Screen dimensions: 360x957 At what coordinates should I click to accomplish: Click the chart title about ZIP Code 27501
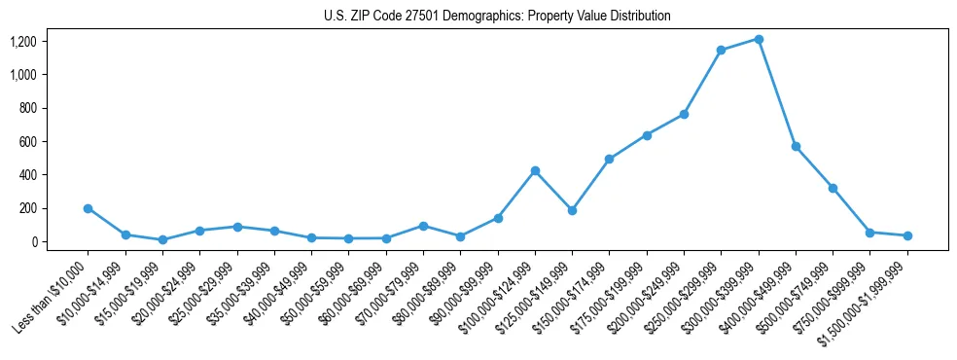coord(497,17)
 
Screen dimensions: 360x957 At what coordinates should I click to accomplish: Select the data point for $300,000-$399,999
coord(759,39)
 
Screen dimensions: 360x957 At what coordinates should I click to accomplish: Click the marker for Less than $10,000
coord(88,208)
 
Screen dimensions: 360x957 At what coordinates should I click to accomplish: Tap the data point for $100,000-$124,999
coord(535,171)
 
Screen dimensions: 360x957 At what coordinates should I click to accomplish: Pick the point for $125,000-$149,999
coord(572,210)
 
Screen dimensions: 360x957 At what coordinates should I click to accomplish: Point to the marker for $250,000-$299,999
coord(721,51)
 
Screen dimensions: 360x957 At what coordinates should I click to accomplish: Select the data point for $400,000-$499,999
coord(796,146)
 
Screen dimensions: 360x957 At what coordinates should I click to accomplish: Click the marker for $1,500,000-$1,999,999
coord(907,235)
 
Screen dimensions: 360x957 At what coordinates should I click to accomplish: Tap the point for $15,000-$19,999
coord(162,240)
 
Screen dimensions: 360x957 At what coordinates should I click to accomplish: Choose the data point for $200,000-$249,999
coord(684,114)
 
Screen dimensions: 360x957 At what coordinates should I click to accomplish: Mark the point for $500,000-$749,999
coord(833,188)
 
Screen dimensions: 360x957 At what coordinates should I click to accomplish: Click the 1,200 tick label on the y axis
coord(22,41)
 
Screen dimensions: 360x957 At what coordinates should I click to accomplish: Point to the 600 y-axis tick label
coord(27,141)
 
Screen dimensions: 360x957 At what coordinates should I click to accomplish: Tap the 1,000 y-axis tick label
coord(22,75)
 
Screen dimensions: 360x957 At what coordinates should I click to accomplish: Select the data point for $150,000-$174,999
coord(609,159)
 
